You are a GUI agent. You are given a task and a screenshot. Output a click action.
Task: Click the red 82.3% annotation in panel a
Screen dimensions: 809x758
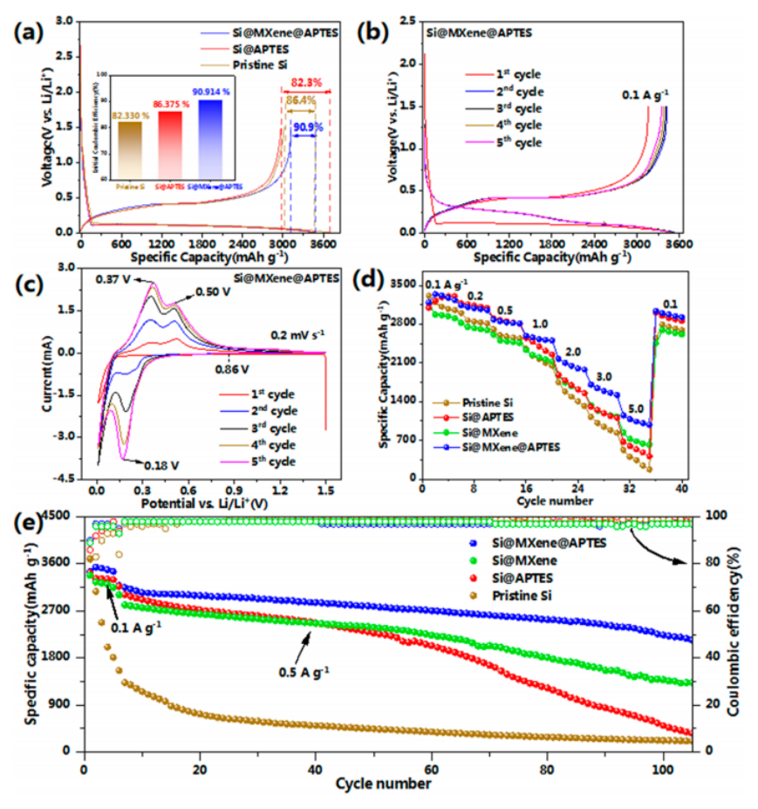coord(306,83)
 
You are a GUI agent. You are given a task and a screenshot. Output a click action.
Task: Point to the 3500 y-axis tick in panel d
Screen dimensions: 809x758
coord(403,285)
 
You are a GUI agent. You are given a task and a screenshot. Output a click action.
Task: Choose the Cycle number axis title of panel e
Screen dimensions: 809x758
coord(383,784)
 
